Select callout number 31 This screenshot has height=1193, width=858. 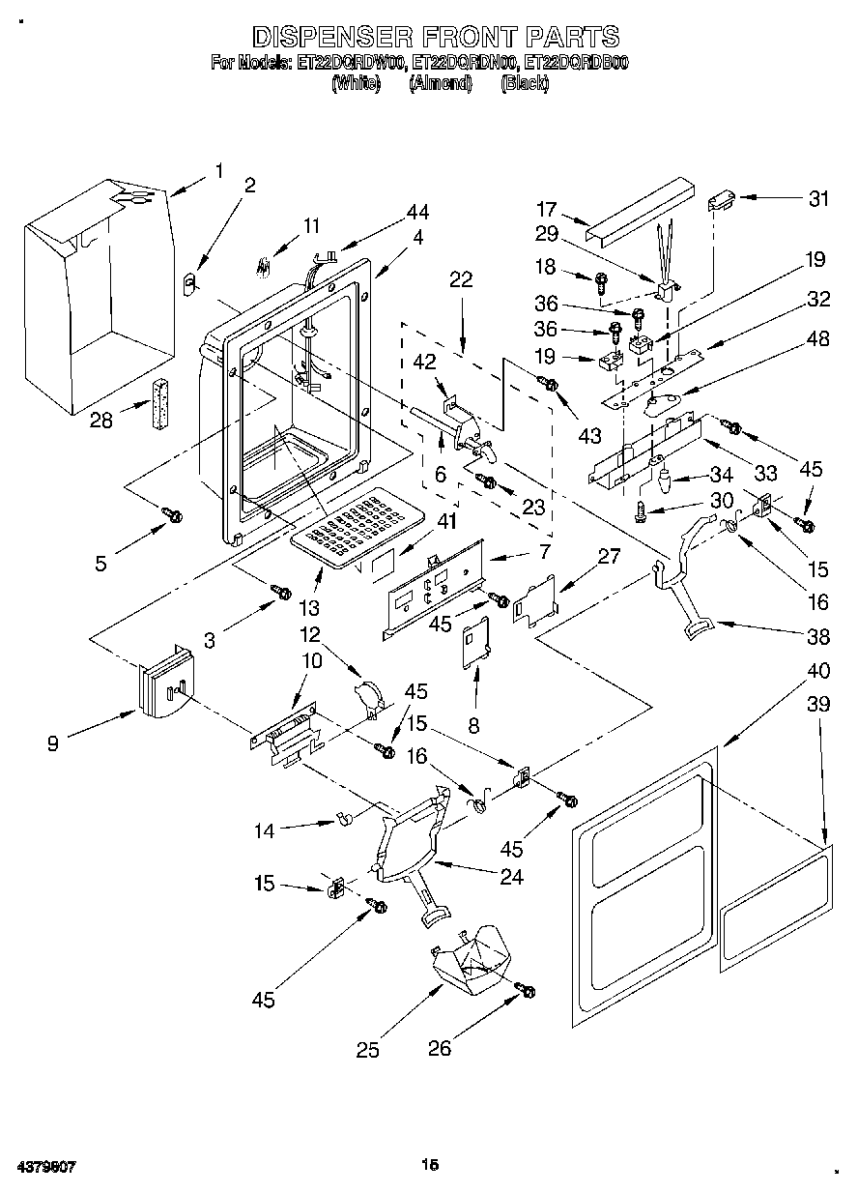click(818, 198)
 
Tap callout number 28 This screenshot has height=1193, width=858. click(100, 420)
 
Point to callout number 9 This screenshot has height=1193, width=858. click(53, 742)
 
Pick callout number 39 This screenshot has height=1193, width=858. click(818, 705)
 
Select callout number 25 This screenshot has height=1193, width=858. click(367, 1051)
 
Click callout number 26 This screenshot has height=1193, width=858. click(440, 1048)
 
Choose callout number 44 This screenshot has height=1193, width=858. click(417, 212)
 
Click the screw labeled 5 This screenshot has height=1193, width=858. click(174, 515)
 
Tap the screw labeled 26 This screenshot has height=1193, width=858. click(527, 991)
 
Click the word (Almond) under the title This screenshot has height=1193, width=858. click(440, 84)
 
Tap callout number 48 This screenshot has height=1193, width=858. click(818, 339)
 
